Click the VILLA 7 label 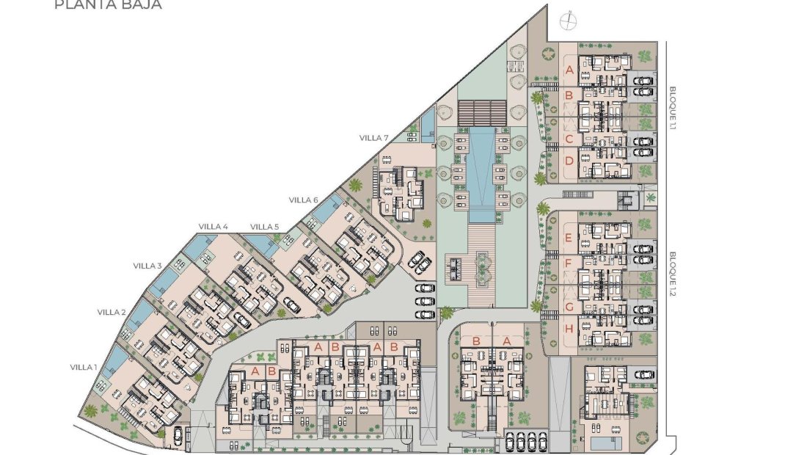tap(373, 137)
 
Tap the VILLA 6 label tap(303, 200)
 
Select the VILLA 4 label tap(213, 226)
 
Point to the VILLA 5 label tap(264, 226)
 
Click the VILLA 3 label tap(147, 266)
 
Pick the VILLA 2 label tap(112, 312)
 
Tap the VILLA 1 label tap(83, 367)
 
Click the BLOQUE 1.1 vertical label tap(672, 108)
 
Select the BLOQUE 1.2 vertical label tap(672, 271)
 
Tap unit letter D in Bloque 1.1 tap(569, 161)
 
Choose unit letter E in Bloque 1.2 tap(569, 237)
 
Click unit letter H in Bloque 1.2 tap(569, 329)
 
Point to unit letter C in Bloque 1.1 tap(569, 139)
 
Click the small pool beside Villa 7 tap(427, 128)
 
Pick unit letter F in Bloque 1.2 tap(569, 262)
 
